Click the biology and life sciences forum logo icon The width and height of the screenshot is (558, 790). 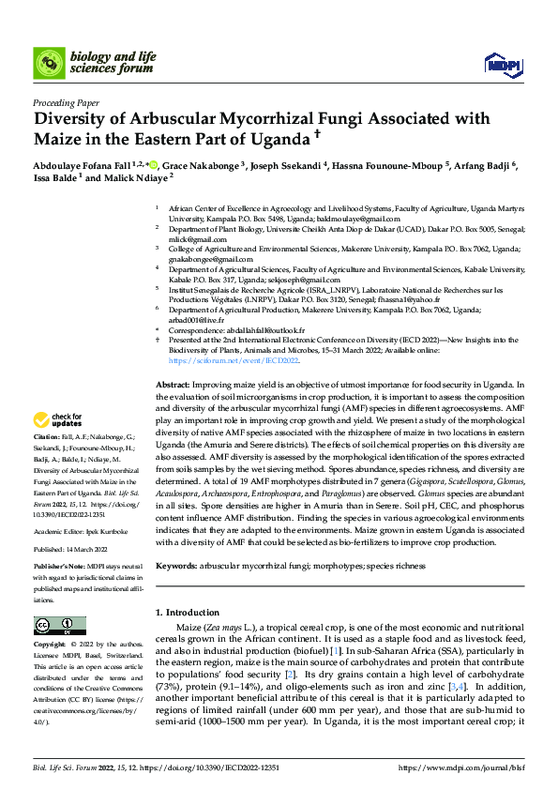point(49,64)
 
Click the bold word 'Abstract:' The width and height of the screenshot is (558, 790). point(173,386)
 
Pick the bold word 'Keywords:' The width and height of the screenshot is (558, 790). point(176,567)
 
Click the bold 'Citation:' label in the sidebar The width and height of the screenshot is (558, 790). point(46,438)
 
